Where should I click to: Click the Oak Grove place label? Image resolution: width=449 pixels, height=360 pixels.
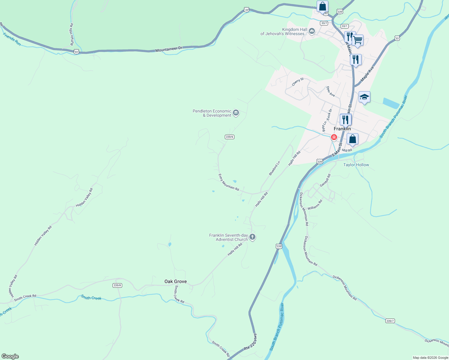point(176,281)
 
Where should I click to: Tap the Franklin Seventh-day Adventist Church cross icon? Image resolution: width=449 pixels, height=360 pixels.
point(252,237)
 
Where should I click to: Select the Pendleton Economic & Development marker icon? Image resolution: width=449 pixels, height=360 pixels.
point(236,113)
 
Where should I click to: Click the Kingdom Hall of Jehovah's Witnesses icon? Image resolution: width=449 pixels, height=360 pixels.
point(312,31)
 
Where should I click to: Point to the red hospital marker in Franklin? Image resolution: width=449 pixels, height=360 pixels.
point(334,137)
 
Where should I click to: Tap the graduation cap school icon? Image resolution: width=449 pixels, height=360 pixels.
point(364,97)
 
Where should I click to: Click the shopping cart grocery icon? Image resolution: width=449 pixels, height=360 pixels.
point(357,40)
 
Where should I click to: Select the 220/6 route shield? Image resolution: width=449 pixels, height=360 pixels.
point(229,137)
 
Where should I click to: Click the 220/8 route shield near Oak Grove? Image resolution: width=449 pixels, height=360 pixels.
point(117,285)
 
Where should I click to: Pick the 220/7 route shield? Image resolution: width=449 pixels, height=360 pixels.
point(390,321)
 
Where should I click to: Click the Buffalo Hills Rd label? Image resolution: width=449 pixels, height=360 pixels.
point(72,34)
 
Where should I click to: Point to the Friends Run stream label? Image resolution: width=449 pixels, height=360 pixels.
point(12,39)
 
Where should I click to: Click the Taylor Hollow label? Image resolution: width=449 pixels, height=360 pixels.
point(356,165)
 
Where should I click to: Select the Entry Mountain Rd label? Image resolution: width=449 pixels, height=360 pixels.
point(228,182)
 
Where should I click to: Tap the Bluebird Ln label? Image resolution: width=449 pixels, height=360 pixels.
point(274,168)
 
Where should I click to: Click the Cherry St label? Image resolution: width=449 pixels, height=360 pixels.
point(298,82)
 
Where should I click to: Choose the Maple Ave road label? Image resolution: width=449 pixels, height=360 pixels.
point(367,74)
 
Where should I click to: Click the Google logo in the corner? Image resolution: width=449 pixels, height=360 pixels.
point(10,356)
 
